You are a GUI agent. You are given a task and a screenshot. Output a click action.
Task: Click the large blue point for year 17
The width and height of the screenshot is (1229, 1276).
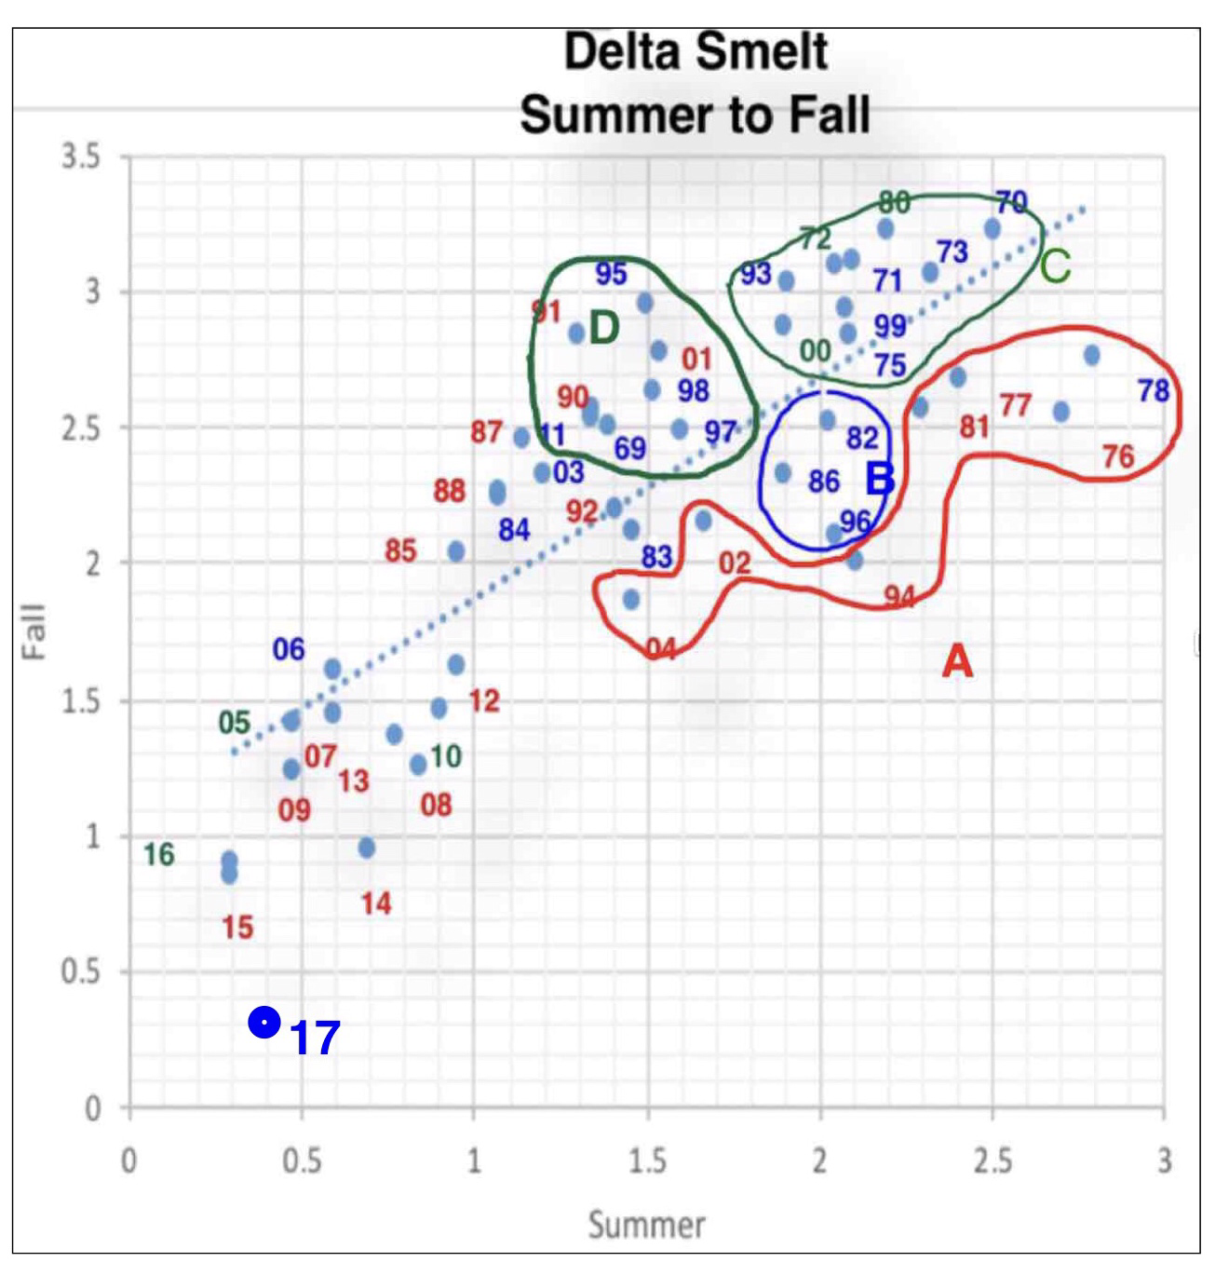(264, 1024)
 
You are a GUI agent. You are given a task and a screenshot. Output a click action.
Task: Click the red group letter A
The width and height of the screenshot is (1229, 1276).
(957, 662)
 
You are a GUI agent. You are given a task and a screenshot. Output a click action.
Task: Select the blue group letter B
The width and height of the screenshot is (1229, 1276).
(880, 480)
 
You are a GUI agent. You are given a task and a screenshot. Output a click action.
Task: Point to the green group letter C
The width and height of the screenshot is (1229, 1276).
(1055, 267)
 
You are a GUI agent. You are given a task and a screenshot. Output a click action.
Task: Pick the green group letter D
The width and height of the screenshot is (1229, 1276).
(603, 329)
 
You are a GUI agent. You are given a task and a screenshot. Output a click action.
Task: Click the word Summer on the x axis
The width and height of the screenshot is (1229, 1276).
(646, 1224)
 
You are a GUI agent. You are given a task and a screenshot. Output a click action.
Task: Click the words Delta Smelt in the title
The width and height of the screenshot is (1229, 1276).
(696, 52)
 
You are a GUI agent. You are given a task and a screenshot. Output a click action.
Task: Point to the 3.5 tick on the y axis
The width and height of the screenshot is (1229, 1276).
(80, 157)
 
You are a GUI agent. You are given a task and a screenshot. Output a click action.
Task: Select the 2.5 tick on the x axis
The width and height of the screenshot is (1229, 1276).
(992, 1161)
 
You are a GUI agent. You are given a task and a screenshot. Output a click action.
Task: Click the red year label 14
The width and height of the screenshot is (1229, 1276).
(376, 903)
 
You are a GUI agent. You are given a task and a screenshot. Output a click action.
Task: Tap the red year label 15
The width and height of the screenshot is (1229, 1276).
(237, 928)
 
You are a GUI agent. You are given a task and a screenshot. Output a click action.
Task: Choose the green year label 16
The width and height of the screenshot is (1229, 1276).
(159, 854)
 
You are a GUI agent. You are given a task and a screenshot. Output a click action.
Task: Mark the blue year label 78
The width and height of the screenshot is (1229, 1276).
(1153, 390)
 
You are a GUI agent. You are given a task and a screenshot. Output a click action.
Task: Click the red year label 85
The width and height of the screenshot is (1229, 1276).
(400, 550)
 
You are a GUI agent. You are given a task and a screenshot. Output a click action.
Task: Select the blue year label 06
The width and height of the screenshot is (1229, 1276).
(289, 649)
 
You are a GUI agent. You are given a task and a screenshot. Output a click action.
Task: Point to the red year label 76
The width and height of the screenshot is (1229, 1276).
(1118, 456)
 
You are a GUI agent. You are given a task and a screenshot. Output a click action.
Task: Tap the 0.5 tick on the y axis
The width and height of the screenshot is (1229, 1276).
(80, 972)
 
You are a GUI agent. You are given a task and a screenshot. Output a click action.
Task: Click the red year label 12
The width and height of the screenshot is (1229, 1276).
(484, 700)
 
